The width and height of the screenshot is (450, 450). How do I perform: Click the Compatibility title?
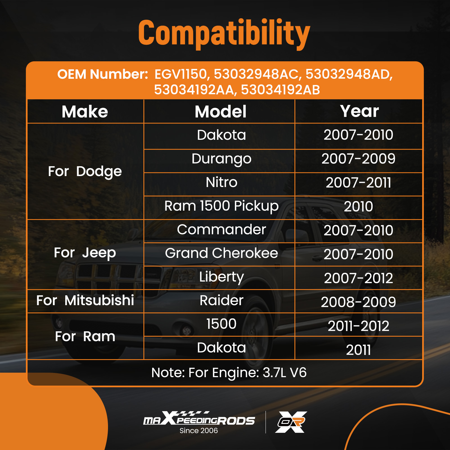tap(224, 34)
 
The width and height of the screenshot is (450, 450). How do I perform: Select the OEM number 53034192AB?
tap(280, 90)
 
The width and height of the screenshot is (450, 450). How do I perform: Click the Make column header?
tap(85, 112)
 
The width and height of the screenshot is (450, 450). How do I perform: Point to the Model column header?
tap(221, 112)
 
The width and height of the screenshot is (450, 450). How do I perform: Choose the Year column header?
tap(359, 111)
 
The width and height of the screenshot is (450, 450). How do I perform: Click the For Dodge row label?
tap(85, 172)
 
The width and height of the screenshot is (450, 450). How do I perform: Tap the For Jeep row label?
tap(85, 253)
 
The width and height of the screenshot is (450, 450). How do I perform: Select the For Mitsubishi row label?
tap(85, 300)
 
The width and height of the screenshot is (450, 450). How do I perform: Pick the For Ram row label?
tap(85, 336)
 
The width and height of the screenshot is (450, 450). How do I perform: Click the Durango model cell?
tap(222, 159)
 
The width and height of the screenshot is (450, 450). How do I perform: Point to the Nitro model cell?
tap(222, 182)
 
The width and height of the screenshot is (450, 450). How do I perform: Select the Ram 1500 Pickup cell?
tap(222, 206)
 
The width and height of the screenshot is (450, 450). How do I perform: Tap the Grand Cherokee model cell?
tap(222, 253)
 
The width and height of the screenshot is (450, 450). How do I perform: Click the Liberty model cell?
tap(222, 277)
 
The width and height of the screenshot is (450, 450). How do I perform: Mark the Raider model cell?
tap(222, 300)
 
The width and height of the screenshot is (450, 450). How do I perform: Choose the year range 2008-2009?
tap(359, 302)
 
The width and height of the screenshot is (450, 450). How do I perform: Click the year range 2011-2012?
tap(359, 326)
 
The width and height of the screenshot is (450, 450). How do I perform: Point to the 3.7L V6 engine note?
tap(285, 373)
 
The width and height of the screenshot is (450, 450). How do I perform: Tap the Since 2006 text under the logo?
tap(199, 431)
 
